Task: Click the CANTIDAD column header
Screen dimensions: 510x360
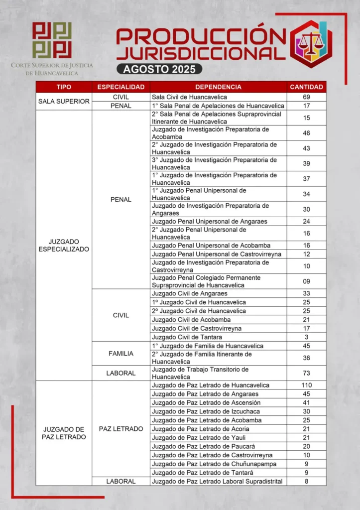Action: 307,87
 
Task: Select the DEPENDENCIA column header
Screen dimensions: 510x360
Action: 219,87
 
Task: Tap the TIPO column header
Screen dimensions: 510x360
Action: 64,87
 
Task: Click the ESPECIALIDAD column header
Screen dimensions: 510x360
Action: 121,87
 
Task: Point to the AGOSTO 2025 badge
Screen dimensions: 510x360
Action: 159,69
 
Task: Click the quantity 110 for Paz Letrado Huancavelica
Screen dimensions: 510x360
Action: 307,385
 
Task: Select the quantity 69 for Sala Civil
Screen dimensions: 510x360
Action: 307,97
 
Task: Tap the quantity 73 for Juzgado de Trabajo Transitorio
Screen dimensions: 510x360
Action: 307,373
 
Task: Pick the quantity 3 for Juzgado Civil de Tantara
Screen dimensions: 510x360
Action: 307,337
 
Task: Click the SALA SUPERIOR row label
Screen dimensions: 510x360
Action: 64,101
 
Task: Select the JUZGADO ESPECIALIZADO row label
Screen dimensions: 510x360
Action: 64,245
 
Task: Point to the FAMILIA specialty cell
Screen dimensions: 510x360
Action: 121,354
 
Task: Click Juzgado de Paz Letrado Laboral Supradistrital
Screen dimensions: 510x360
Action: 217,481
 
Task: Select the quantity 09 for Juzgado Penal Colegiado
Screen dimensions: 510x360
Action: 307,281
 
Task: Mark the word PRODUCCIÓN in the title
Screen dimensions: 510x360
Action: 202,36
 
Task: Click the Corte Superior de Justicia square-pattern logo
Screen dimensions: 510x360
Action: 52,40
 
